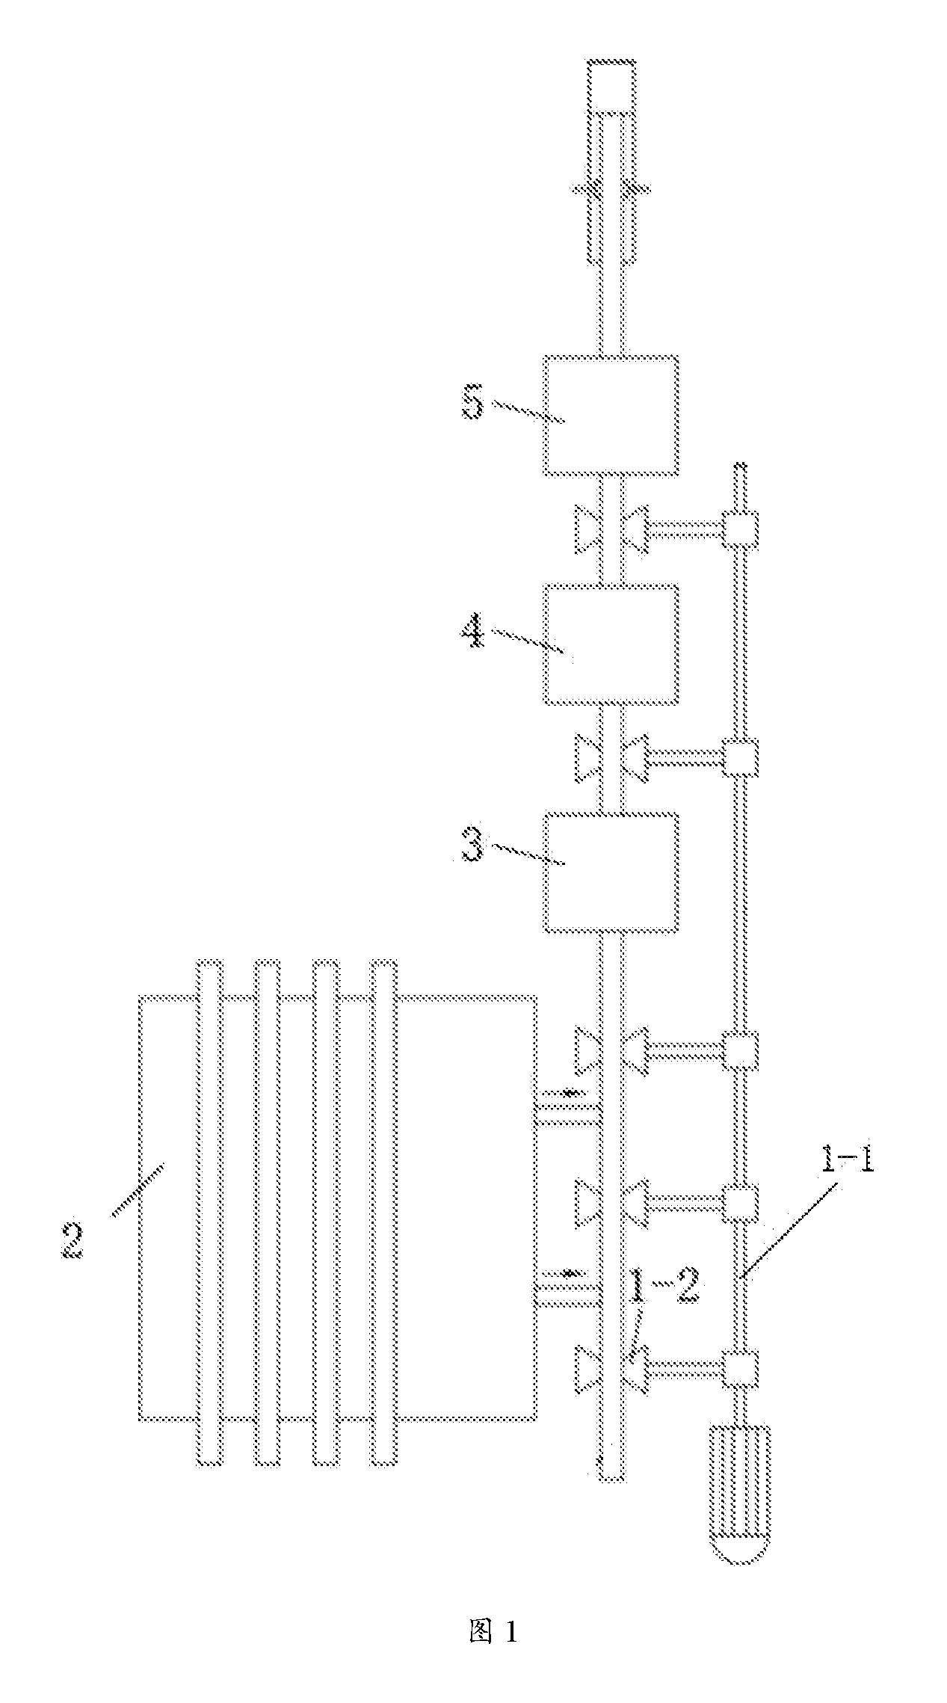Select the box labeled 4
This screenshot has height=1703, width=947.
pyautogui.click(x=611, y=644)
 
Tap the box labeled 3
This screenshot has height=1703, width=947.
pyautogui.click(x=611, y=872)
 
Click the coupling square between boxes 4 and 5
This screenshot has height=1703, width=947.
pyautogui.click(x=740, y=530)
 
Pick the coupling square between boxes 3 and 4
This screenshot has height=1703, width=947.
pyautogui.click(x=740, y=757)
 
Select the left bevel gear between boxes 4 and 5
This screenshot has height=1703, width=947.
pyautogui.click(x=587, y=530)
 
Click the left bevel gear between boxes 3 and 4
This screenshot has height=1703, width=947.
pyautogui.click(x=587, y=757)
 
